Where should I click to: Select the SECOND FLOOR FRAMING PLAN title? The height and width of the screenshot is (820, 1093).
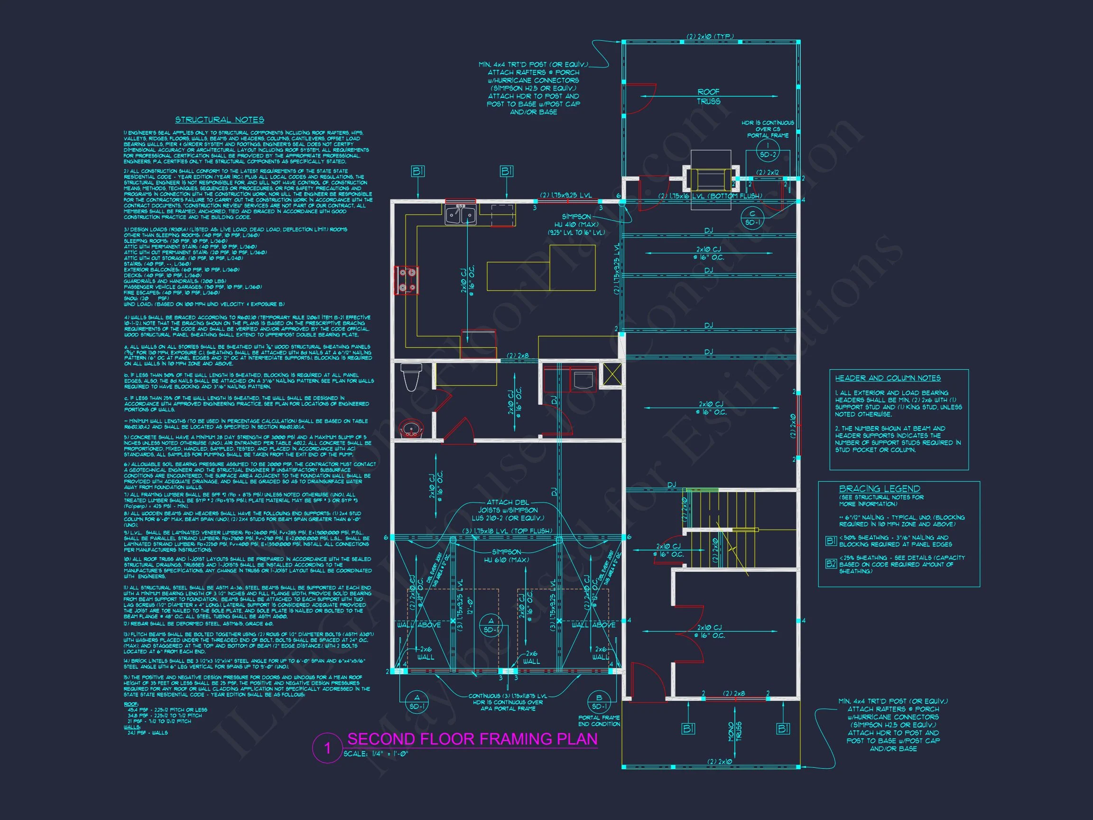click(472, 739)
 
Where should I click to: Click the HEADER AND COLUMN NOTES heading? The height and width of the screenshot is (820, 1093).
click(888, 378)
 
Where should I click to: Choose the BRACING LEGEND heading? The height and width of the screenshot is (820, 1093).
click(880, 488)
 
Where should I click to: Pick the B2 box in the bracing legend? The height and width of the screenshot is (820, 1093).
click(831, 563)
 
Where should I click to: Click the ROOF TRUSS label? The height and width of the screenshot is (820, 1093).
click(709, 96)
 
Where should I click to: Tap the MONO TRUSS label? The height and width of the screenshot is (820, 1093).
click(735, 731)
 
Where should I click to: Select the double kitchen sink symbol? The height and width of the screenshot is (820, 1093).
click(461, 215)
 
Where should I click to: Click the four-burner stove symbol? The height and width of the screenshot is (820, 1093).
click(407, 280)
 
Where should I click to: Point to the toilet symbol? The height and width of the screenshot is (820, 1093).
click(411, 377)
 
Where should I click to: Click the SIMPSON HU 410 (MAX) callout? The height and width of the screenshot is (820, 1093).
click(576, 224)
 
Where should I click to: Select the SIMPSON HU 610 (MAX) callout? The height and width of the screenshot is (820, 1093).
click(507, 556)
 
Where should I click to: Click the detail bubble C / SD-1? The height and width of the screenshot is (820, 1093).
click(752, 218)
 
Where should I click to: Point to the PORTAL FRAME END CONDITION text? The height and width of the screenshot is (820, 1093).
click(599, 721)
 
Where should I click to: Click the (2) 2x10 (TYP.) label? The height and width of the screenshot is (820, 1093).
click(710, 37)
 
